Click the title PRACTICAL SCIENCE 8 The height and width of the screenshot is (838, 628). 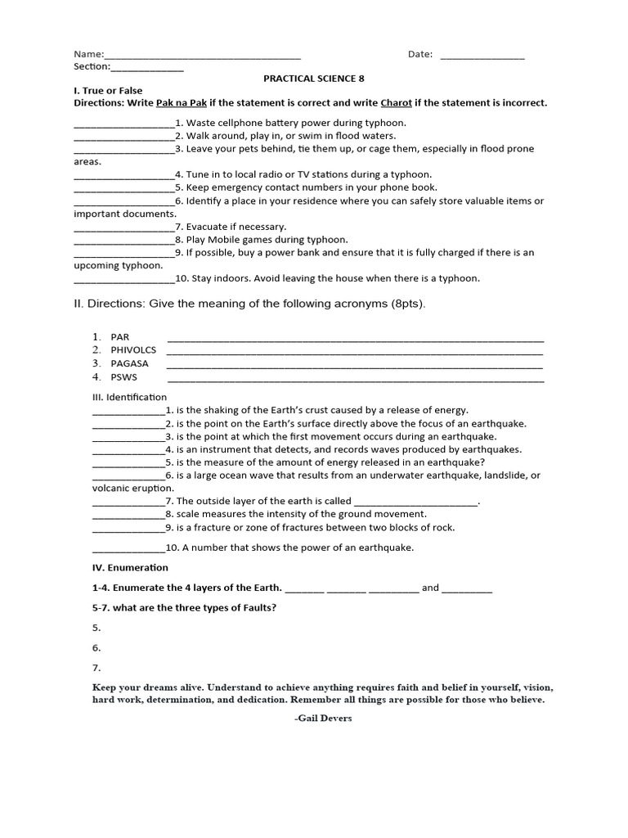(313, 79)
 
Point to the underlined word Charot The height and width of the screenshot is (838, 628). (397, 103)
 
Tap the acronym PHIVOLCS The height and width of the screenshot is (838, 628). (133, 350)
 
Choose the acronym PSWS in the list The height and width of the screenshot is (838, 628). (124, 377)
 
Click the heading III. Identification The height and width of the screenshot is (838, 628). (129, 397)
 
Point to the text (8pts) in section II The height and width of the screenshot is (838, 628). (405, 304)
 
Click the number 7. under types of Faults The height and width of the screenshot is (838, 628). (96, 668)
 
